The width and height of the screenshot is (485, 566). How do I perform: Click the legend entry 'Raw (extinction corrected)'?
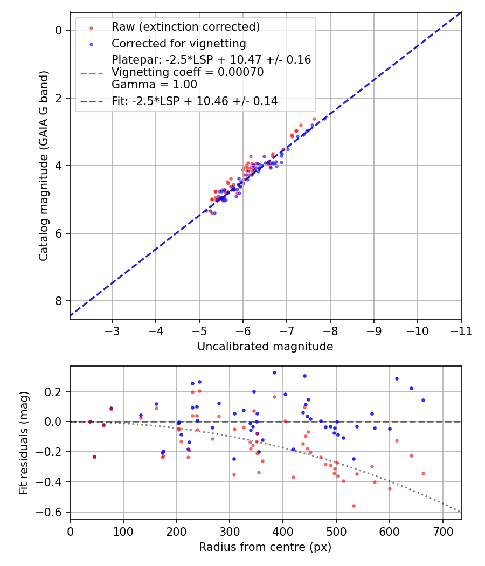(185, 27)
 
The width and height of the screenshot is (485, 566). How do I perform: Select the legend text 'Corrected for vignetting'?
(178, 44)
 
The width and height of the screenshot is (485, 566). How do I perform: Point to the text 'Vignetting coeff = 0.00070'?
(188, 72)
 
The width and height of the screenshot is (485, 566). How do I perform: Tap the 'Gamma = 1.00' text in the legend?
(154, 85)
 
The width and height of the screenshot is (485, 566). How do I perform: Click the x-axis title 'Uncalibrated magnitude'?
(265, 347)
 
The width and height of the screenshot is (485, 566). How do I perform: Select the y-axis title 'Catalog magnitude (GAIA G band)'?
(44, 166)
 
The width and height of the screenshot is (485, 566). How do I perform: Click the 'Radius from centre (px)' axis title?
(265, 547)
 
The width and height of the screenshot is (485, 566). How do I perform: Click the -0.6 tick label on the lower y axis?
(52, 512)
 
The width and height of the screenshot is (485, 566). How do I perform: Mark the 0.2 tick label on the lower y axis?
(54, 392)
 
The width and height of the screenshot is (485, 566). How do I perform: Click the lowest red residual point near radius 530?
(354, 506)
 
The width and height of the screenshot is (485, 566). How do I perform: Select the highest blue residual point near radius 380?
(274, 372)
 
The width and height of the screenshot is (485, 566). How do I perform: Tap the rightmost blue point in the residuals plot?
(423, 400)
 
